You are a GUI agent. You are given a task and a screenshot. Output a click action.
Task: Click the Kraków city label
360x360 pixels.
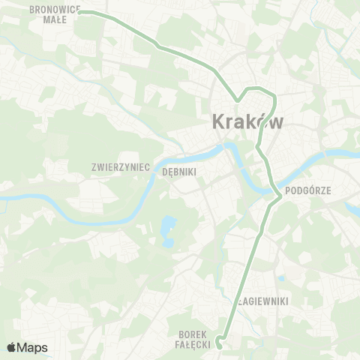[x=248, y=121]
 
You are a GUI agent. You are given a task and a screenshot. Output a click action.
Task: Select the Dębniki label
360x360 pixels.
[x=178, y=171]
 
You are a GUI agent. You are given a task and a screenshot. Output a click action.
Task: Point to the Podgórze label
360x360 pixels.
[x=329, y=190]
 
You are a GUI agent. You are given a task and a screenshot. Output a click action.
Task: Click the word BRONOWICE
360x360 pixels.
[x=55, y=10]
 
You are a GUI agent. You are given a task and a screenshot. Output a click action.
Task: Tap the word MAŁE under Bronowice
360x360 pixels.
[x=54, y=21]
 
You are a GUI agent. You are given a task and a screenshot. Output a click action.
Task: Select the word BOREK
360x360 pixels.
[x=193, y=334]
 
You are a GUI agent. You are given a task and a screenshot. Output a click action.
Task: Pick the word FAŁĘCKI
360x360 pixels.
[x=192, y=344]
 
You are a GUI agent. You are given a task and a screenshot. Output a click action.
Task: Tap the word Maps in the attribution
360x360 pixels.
[x=32, y=347]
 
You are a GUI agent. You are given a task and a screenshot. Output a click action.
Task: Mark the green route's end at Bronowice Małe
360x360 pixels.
[x=80, y=12]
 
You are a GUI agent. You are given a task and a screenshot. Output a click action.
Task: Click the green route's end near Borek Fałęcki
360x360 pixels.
[x=218, y=345]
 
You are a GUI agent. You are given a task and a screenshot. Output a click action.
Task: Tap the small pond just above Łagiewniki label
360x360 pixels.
[x=280, y=278]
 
